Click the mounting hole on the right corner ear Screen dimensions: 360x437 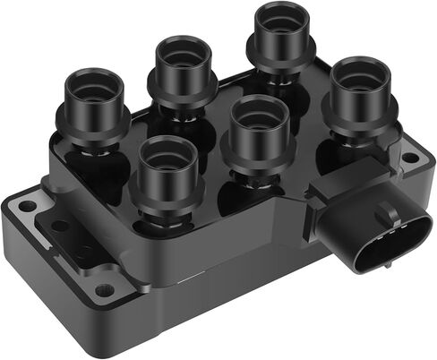point(410,158)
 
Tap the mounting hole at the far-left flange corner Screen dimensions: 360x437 point(29,206)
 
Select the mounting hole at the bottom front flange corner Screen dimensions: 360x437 point(106,289)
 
